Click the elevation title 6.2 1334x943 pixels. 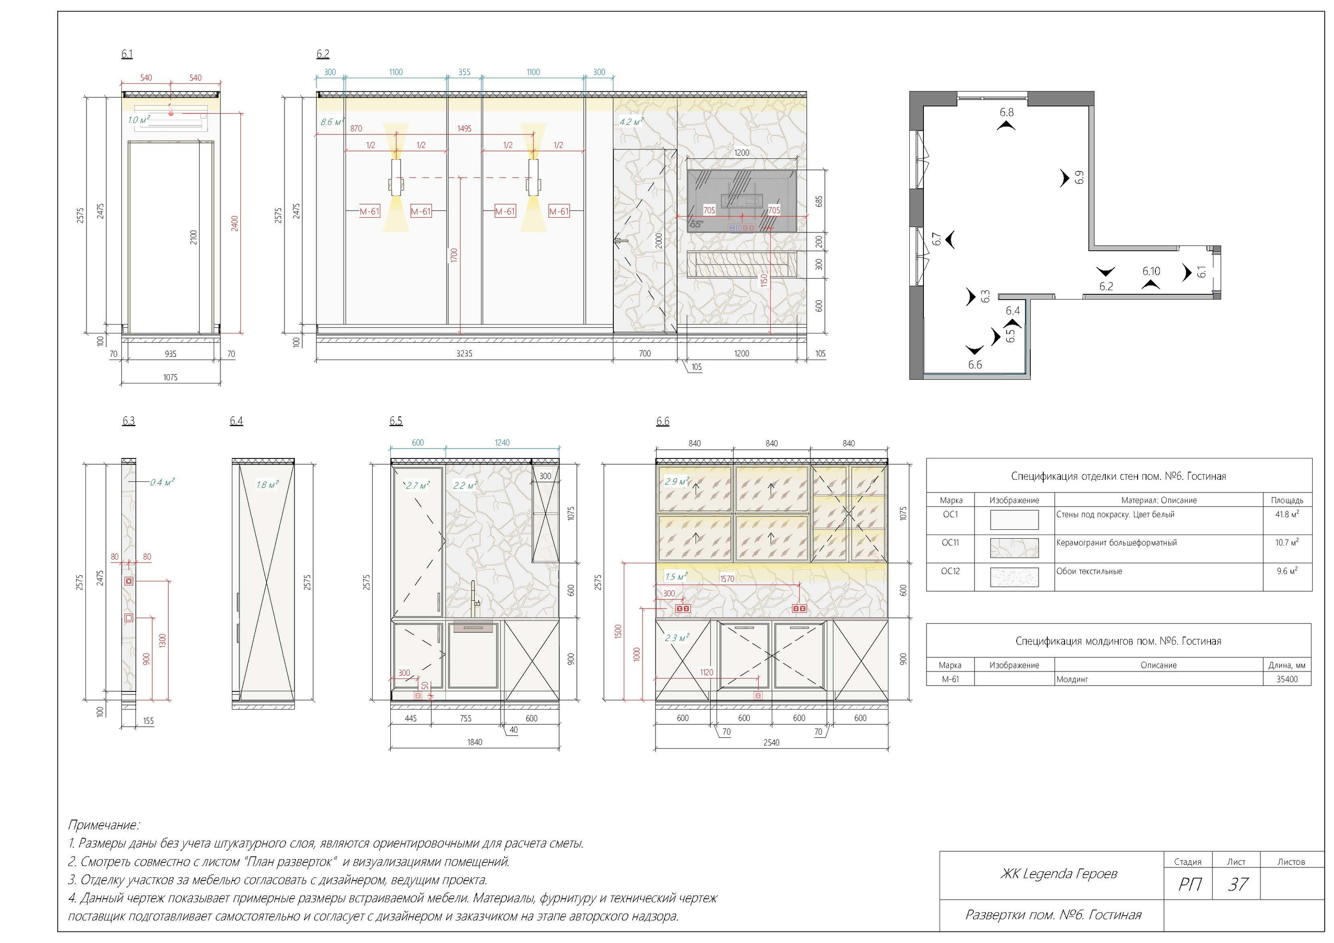click(323, 54)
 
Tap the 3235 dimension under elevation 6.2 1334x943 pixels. click(464, 353)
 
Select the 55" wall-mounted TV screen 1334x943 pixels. click(742, 201)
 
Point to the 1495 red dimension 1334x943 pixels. click(464, 128)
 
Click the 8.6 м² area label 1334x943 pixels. click(332, 122)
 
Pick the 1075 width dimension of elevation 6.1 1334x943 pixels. click(170, 377)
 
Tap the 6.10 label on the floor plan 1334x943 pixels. click(1151, 271)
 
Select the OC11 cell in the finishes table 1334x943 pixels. click(950, 543)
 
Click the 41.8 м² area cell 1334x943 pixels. click(1288, 514)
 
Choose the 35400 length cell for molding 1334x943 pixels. click(1287, 679)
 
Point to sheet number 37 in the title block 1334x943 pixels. click(1238, 884)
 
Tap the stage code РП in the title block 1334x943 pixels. click(1189, 884)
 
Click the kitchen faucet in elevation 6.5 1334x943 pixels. click(475, 599)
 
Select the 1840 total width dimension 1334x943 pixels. click(475, 742)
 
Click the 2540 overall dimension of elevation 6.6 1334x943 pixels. click(771, 742)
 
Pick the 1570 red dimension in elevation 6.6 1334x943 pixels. click(727, 579)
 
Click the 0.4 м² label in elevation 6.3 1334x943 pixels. click(162, 482)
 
